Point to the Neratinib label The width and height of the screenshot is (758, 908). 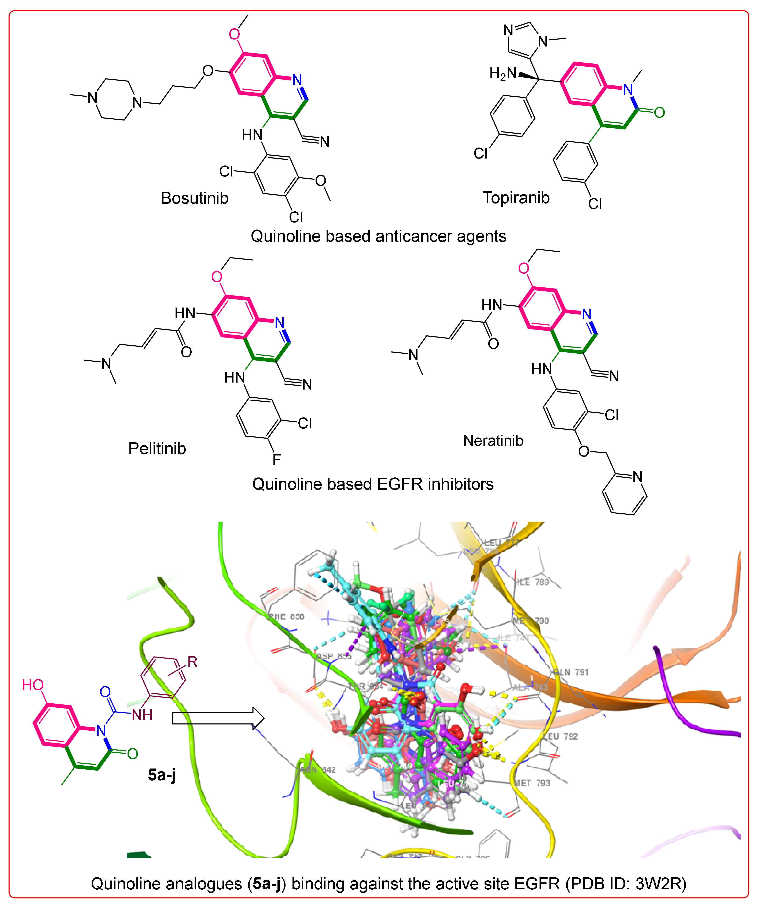tap(493, 441)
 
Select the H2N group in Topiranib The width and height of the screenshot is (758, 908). tap(503, 74)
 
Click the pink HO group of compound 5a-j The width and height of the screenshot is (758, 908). tap(33, 685)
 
